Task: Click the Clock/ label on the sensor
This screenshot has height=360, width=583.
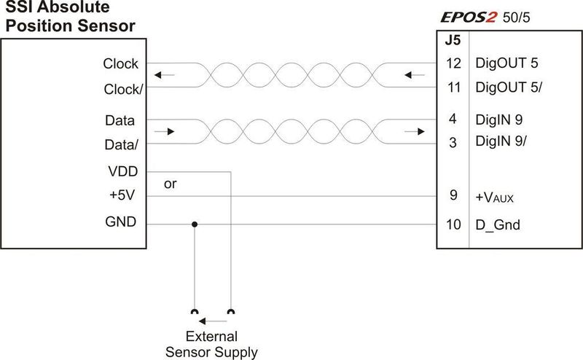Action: (123, 89)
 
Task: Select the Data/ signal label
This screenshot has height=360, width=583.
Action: (121, 144)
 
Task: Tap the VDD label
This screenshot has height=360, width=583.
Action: (123, 171)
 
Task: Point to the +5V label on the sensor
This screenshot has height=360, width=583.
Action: (122, 195)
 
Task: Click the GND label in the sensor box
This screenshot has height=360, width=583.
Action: (121, 222)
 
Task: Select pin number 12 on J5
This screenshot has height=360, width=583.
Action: (453, 63)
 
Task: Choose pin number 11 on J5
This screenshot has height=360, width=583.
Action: (454, 87)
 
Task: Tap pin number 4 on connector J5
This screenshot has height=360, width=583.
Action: (453, 119)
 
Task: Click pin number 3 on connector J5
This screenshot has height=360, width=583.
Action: (453, 142)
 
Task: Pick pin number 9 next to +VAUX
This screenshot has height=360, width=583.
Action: (453, 195)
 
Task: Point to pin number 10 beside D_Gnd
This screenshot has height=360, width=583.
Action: (453, 224)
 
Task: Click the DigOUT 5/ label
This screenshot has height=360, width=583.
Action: (509, 87)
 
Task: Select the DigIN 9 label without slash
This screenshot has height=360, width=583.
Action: (499, 120)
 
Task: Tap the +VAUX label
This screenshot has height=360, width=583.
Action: (495, 197)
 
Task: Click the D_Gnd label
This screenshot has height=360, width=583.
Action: (498, 225)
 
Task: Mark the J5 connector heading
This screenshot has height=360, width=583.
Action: (453, 40)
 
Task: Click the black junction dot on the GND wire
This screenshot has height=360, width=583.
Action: (195, 224)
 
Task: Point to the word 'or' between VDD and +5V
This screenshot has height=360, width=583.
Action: (171, 184)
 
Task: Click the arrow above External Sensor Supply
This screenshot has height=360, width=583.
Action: (213, 321)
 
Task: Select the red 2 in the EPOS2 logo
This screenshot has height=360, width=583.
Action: (490, 17)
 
